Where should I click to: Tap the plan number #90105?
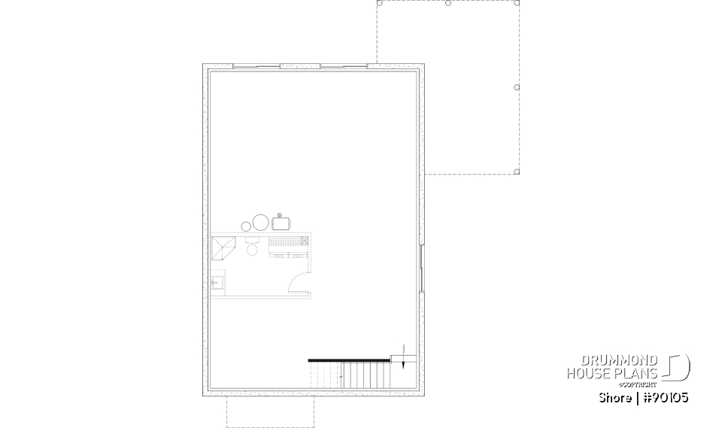click(x=664, y=397)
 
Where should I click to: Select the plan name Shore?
click(x=615, y=397)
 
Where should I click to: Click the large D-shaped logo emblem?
click(x=678, y=367)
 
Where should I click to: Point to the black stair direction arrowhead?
click(x=404, y=363)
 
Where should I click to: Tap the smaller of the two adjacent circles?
click(x=246, y=226)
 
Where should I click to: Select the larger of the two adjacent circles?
click(x=260, y=223)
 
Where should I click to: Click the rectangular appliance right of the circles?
click(x=282, y=223)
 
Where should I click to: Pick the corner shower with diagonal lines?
click(x=223, y=247)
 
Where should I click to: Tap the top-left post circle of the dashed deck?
click(x=379, y=3)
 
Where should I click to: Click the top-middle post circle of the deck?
click(x=448, y=3)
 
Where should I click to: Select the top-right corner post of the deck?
click(x=517, y=3)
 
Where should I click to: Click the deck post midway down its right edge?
click(x=517, y=87)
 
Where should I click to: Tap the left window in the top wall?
click(x=256, y=66)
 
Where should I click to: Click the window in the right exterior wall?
click(x=421, y=266)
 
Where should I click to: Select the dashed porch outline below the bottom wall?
click(x=270, y=411)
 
